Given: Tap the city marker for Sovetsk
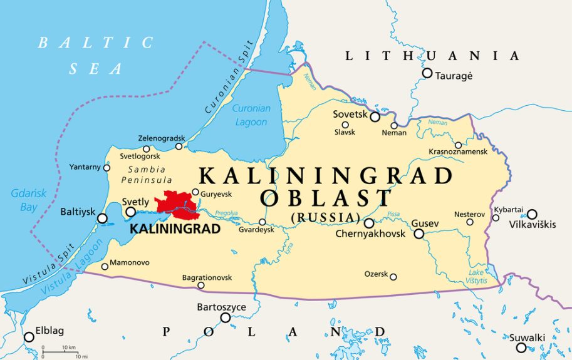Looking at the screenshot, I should point(375,116).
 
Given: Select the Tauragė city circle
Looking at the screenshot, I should point(427,73).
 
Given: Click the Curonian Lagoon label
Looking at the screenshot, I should point(251,115).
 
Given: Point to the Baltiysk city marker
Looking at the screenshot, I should point(102,219).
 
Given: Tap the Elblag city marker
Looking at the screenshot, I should point(29,337).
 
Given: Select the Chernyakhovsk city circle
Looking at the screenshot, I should point(369,223).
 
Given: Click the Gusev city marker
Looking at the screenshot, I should point(419,234).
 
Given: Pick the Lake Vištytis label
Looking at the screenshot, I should point(477,276).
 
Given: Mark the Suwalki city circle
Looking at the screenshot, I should point(521,347).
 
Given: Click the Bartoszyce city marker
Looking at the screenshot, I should point(226,317).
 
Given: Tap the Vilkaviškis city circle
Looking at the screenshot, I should point(532,214).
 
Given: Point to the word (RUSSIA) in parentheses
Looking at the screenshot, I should point(325,218).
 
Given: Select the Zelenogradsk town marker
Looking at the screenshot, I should point(179,147).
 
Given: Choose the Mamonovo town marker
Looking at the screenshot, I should point(105,266).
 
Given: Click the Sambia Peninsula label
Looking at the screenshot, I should point(146,175).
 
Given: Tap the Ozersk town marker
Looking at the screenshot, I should point(393,277).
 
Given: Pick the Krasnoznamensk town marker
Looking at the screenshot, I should point(459,145).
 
